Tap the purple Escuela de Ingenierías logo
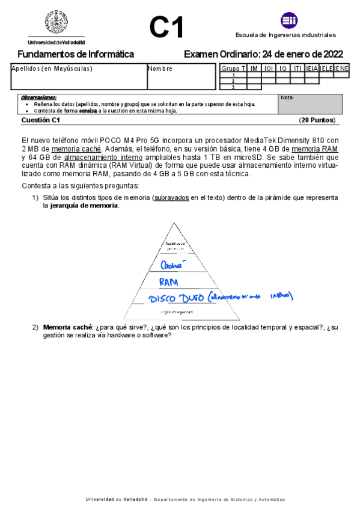point(289,20)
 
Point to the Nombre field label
point(160,69)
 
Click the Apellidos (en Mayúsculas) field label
point(52,69)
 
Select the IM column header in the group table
point(254,69)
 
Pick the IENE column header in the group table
point(341,69)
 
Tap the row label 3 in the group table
point(233,87)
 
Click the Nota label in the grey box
point(287,97)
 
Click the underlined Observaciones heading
point(38,97)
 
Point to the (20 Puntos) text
point(317,120)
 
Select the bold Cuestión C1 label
point(41,120)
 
